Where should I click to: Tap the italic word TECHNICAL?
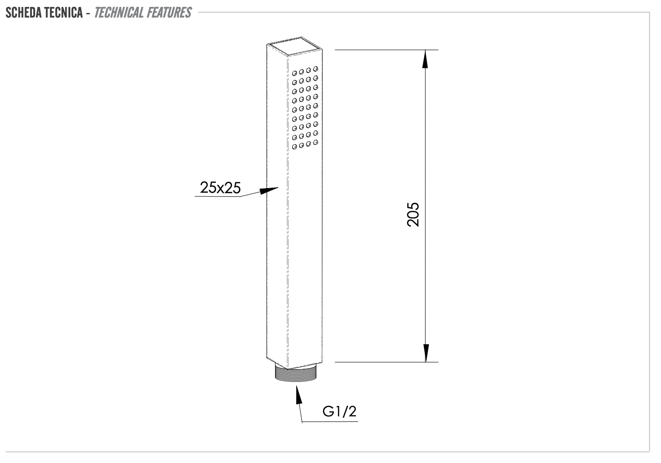pos(119,12)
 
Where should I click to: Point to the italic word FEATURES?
pos(169,12)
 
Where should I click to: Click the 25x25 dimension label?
pos(220,188)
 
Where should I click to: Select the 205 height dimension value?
pos(413,215)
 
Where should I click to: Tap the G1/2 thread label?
pos(339,411)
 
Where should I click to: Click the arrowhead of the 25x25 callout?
pos(269,190)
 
